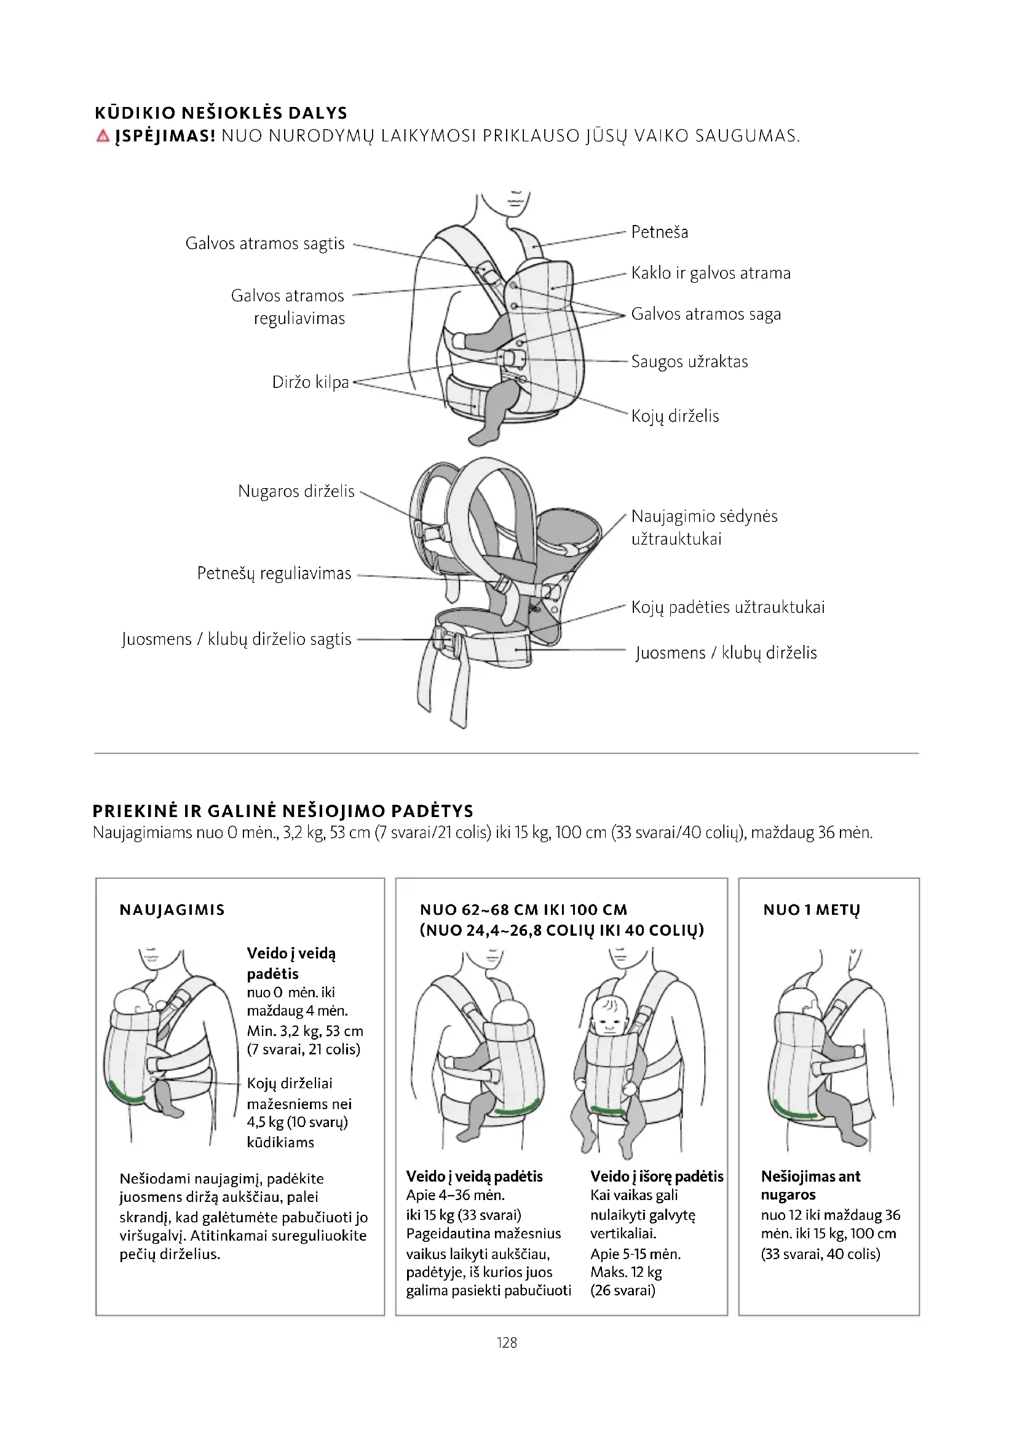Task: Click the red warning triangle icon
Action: point(103,136)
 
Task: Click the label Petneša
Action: point(659,232)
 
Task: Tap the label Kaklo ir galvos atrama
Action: point(711,273)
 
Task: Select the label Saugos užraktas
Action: point(689,361)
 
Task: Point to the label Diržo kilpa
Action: point(310,382)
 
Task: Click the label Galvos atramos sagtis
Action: point(265,243)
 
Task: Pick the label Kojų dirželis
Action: point(675,416)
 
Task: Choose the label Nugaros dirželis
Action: point(296,491)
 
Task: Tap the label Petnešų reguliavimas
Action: point(274,574)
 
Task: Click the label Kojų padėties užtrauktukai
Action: point(727,607)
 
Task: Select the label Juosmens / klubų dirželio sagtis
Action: point(237,639)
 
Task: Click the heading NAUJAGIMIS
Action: point(172,910)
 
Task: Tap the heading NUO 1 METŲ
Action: point(812,910)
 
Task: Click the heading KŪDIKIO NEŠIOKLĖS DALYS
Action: point(221,113)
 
